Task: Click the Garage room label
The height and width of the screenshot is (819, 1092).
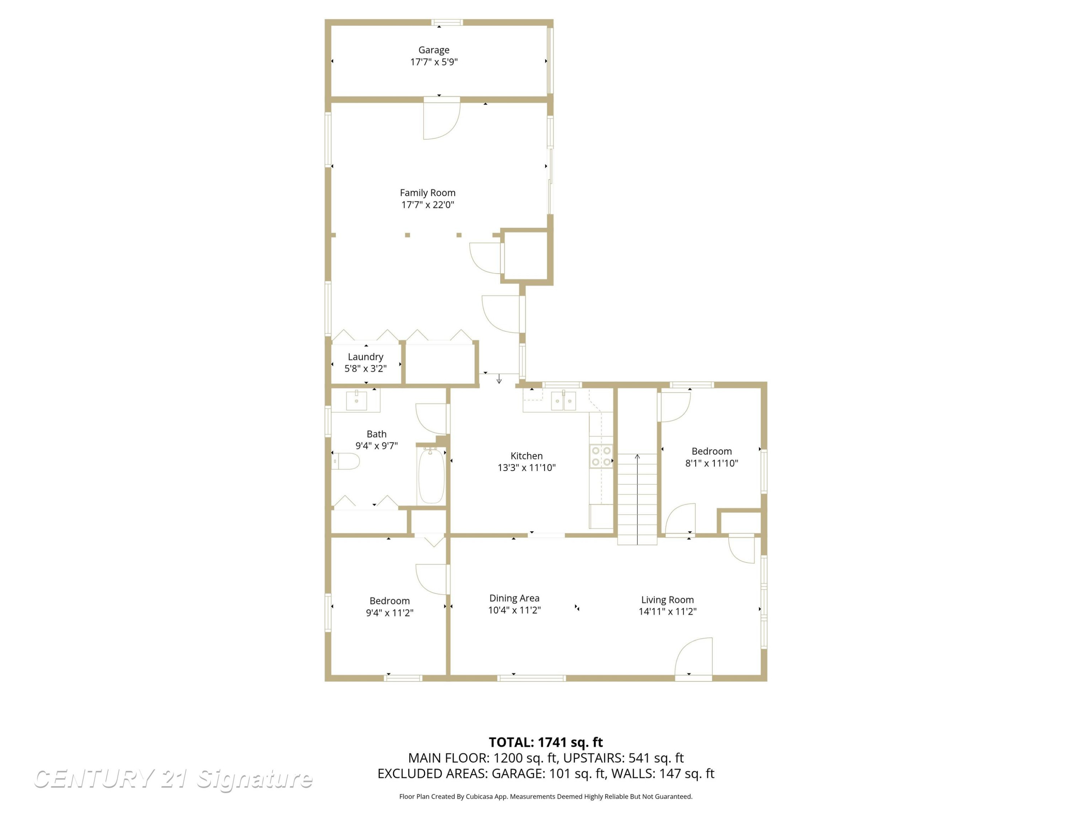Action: pos(434,50)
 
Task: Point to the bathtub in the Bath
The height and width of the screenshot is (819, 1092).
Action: pos(431,475)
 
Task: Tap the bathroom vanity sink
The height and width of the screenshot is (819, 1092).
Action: pos(356,400)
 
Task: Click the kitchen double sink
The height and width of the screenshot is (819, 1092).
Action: pos(563,400)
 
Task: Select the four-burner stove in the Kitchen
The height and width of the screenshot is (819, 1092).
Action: pos(601,456)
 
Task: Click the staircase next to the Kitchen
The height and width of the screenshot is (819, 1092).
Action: pos(637,499)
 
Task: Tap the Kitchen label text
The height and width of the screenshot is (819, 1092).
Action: pos(526,456)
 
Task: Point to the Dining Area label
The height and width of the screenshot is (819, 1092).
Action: pos(514,598)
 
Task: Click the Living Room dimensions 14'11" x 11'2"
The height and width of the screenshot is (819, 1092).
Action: pos(668,612)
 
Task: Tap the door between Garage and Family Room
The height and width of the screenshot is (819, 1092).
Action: pos(442,118)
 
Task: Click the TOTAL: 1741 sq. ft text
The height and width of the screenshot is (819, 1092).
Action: pos(546,743)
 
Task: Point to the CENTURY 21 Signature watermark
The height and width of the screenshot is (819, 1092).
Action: pos(173,779)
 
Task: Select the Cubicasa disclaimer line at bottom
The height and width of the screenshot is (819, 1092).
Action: pos(546,796)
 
